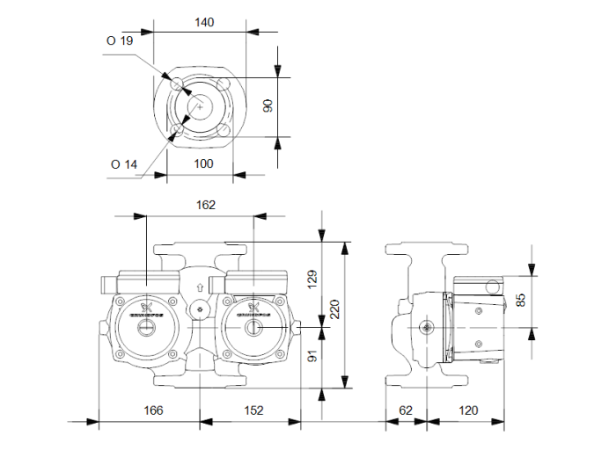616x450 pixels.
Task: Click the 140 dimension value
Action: (x=204, y=22)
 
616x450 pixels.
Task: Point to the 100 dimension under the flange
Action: (x=203, y=164)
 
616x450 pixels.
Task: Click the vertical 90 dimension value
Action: (x=269, y=105)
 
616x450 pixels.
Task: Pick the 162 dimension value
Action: (x=203, y=204)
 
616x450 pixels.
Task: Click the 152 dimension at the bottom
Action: (x=253, y=410)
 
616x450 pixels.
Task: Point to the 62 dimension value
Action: (x=406, y=410)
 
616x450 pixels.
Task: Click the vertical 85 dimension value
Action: (x=523, y=300)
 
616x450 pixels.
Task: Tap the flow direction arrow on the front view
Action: (x=201, y=287)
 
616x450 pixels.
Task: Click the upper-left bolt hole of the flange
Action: (x=179, y=83)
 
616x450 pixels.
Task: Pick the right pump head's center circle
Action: (x=253, y=330)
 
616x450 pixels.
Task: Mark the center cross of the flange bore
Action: (x=201, y=107)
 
